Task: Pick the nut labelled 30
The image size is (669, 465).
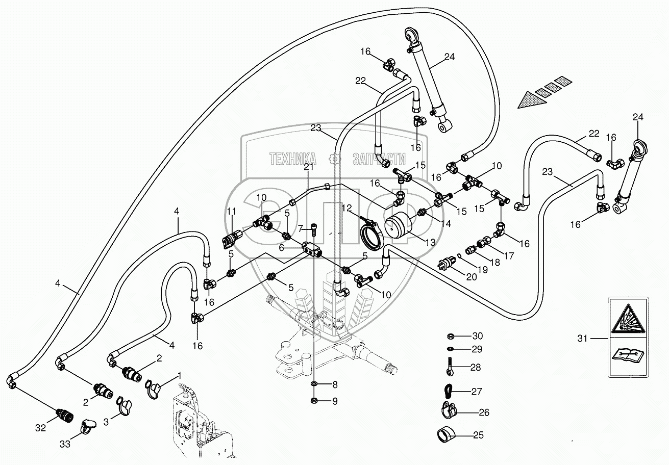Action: [451, 336]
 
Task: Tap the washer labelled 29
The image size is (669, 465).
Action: [451, 349]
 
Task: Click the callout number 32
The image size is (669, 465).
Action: [40, 427]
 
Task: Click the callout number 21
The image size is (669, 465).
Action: [308, 167]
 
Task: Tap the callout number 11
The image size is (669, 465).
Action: [232, 211]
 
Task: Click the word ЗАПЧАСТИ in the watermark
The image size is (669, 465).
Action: [379, 159]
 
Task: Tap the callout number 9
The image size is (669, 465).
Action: [335, 401]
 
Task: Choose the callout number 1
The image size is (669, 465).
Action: [179, 376]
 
